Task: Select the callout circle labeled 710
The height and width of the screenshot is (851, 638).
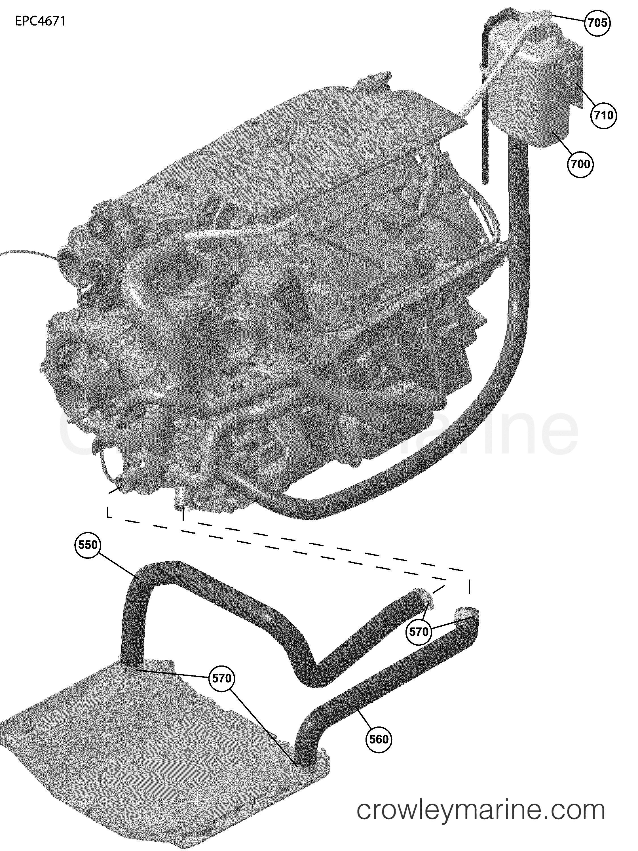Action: pos(603,115)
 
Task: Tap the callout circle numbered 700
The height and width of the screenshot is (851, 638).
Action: pos(580,164)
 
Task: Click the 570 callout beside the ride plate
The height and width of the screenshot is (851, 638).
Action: pos(221,678)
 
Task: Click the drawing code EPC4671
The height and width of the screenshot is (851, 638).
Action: pos(40,22)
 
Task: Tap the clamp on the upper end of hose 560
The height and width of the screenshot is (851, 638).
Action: pos(466,615)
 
